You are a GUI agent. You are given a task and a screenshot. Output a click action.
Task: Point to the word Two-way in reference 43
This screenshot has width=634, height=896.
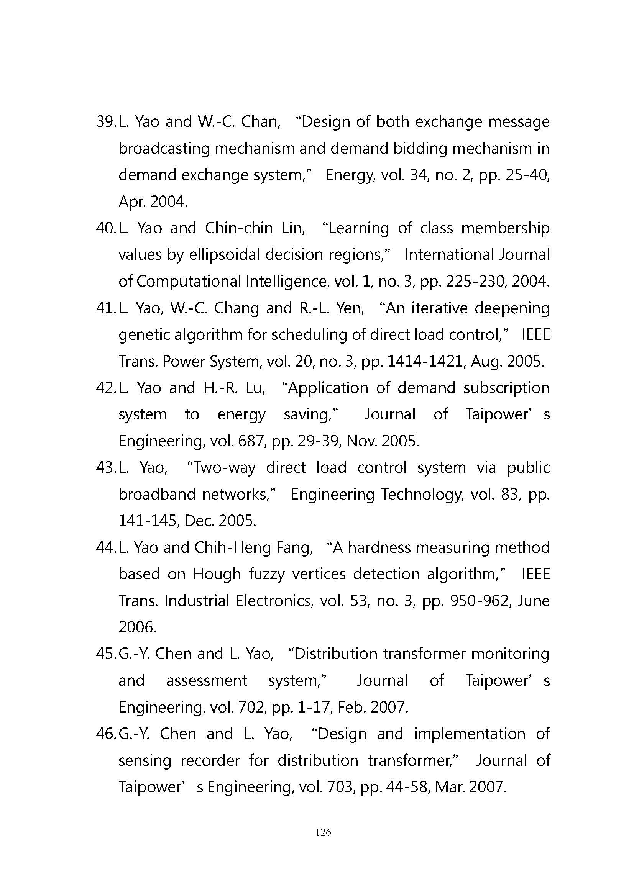coord(221,468)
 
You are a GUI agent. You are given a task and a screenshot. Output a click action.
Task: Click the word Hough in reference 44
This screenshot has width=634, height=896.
coord(217,575)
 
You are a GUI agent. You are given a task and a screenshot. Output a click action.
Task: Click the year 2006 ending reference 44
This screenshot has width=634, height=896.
coord(137,627)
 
